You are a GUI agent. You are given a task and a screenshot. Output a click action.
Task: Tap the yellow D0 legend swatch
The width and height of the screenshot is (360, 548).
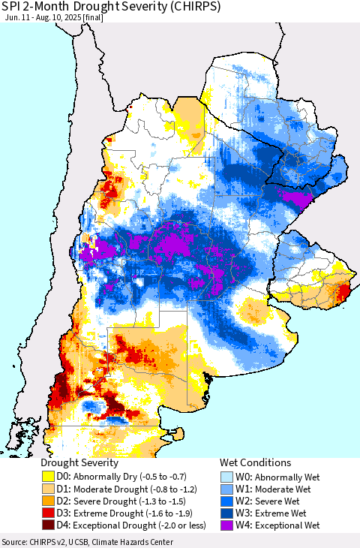pos(48,476)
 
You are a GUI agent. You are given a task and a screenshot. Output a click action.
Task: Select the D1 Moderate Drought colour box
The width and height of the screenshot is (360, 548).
pos(48,488)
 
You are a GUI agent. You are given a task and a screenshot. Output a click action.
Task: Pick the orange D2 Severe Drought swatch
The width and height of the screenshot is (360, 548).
pos(48,501)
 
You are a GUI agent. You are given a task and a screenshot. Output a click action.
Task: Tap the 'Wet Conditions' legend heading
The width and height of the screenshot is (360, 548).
pos(255,462)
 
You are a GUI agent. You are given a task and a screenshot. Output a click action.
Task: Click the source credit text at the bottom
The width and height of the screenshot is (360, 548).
pos(87,542)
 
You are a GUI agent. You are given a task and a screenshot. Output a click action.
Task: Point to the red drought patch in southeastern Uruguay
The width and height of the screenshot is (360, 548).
pos(345,291)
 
